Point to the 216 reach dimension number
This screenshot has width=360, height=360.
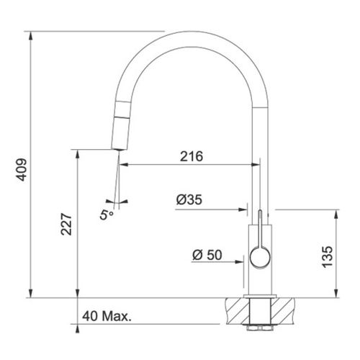(x=191, y=156)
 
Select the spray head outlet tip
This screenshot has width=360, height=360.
(x=115, y=147)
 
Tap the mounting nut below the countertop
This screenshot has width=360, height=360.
(x=257, y=325)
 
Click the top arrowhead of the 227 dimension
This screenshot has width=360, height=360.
(x=76, y=153)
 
